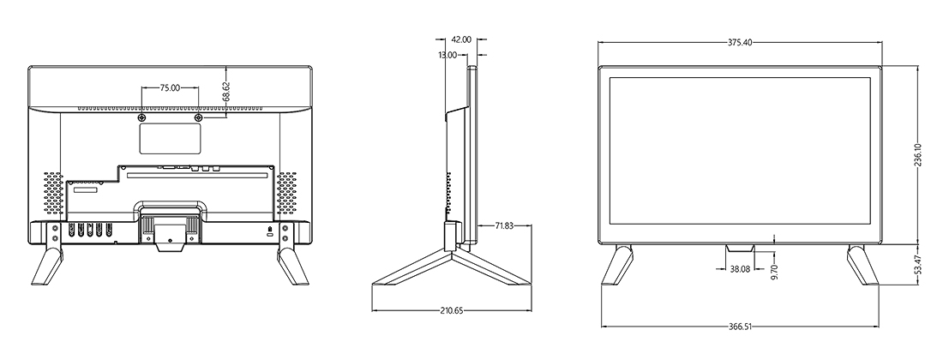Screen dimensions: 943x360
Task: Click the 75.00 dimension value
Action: (171, 87)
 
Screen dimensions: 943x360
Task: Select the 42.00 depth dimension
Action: (460, 39)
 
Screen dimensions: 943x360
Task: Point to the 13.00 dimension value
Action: (447, 55)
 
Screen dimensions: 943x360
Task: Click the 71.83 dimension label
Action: (504, 226)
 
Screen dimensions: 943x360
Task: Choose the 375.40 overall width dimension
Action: (740, 43)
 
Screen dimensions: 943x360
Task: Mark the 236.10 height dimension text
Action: (918, 155)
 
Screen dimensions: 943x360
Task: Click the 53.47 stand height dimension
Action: (918, 265)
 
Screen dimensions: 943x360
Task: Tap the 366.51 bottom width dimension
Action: (740, 327)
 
